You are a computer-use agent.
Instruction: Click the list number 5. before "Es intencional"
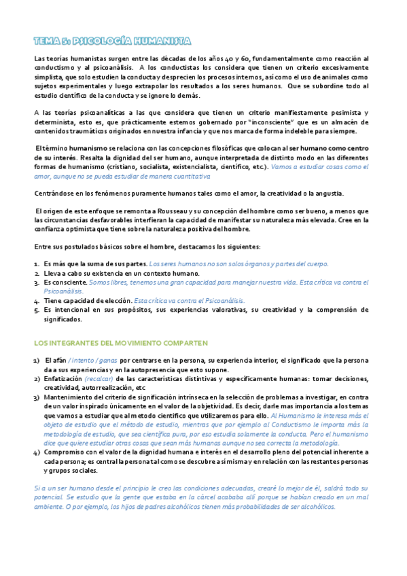point(37,309)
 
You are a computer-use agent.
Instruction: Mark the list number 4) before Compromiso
point(37,433)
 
